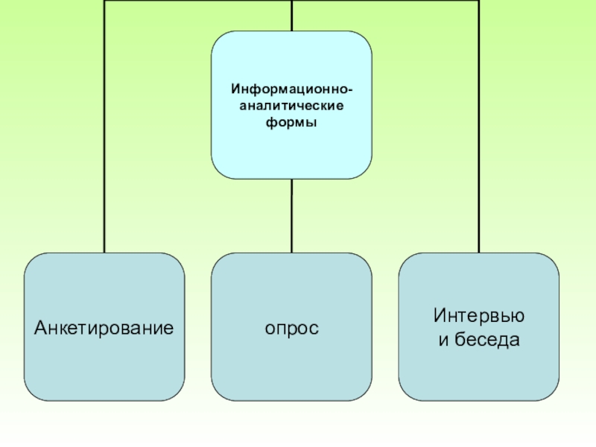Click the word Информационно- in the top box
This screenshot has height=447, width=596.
tap(291, 89)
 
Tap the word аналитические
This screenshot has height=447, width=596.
tap(291, 106)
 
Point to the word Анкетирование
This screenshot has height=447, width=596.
tap(104, 327)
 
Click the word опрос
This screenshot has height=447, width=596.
tap(291, 327)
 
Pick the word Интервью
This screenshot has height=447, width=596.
tap(478, 316)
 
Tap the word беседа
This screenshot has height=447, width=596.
tap(487, 340)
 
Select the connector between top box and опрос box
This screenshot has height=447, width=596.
tap(291, 215)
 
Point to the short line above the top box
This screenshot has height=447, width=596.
tap(291, 15)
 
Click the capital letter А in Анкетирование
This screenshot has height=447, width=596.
tap(38, 327)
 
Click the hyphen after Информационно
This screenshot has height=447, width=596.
tap(350, 90)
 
